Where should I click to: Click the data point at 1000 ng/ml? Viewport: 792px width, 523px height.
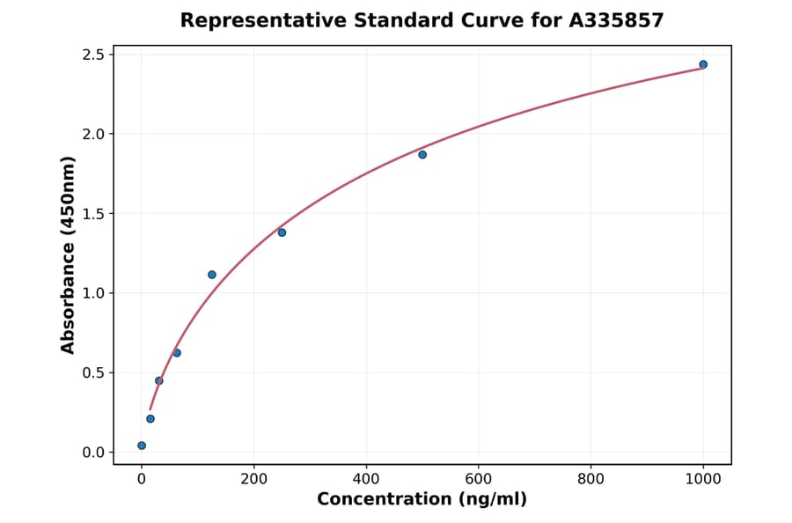coord(703,64)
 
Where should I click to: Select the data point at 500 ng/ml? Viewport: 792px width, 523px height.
coord(422,155)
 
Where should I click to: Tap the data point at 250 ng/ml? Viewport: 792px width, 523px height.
coord(282,232)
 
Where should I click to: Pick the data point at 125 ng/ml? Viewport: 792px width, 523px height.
coord(212,275)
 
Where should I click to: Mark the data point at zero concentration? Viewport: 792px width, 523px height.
coord(142,446)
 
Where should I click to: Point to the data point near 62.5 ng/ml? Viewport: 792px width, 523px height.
coord(177,353)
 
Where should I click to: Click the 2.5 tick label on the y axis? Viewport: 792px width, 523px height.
coord(92,55)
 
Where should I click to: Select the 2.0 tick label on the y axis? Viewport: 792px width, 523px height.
coord(92,134)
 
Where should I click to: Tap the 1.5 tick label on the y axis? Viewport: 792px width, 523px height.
coord(92,214)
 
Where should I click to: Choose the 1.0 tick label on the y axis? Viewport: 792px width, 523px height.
coord(92,293)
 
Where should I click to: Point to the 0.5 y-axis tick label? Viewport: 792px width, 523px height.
coord(92,372)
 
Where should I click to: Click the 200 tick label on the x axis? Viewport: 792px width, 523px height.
coord(254,478)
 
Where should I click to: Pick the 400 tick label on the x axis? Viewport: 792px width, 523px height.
coord(366,478)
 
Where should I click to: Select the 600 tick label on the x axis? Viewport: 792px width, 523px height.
coord(479,478)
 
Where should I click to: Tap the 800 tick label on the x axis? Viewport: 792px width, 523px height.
coord(591,478)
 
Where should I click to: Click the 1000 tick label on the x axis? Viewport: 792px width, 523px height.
coord(703,478)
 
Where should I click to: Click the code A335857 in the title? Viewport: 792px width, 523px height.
coord(616,20)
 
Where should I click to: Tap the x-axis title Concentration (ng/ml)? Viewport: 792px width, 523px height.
coord(422,500)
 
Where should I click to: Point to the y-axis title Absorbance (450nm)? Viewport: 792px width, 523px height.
coord(69,254)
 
